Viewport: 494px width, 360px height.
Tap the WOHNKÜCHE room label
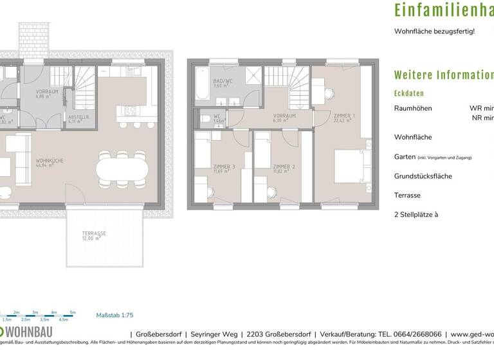coord(49,163)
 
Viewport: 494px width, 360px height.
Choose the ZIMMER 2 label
coord(284,168)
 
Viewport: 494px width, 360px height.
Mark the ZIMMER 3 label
coord(224,168)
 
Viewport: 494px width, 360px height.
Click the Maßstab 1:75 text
coord(114,316)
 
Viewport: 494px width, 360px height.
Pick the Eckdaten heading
coord(409,93)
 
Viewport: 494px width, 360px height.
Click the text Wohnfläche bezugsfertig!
coord(434,31)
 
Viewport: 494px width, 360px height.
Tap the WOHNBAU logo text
coord(30,333)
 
